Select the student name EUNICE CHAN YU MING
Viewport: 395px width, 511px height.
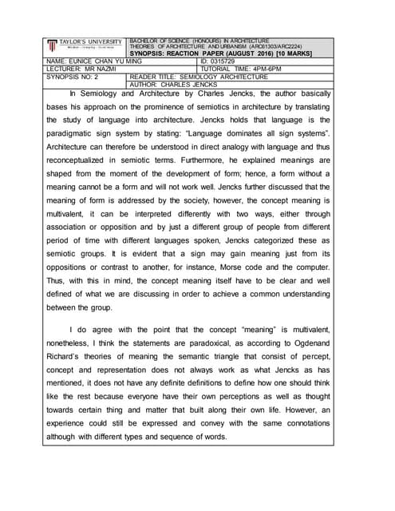pos(99,61)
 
